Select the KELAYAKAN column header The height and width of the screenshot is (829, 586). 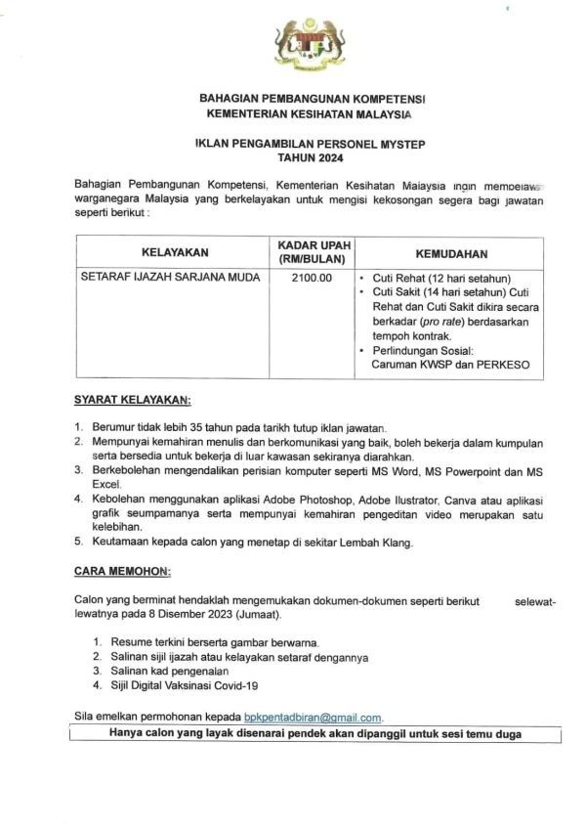(168, 252)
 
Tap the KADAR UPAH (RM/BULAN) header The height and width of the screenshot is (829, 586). (314, 251)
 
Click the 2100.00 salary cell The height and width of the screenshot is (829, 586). (314, 278)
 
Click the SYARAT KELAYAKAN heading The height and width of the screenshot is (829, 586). (133, 400)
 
